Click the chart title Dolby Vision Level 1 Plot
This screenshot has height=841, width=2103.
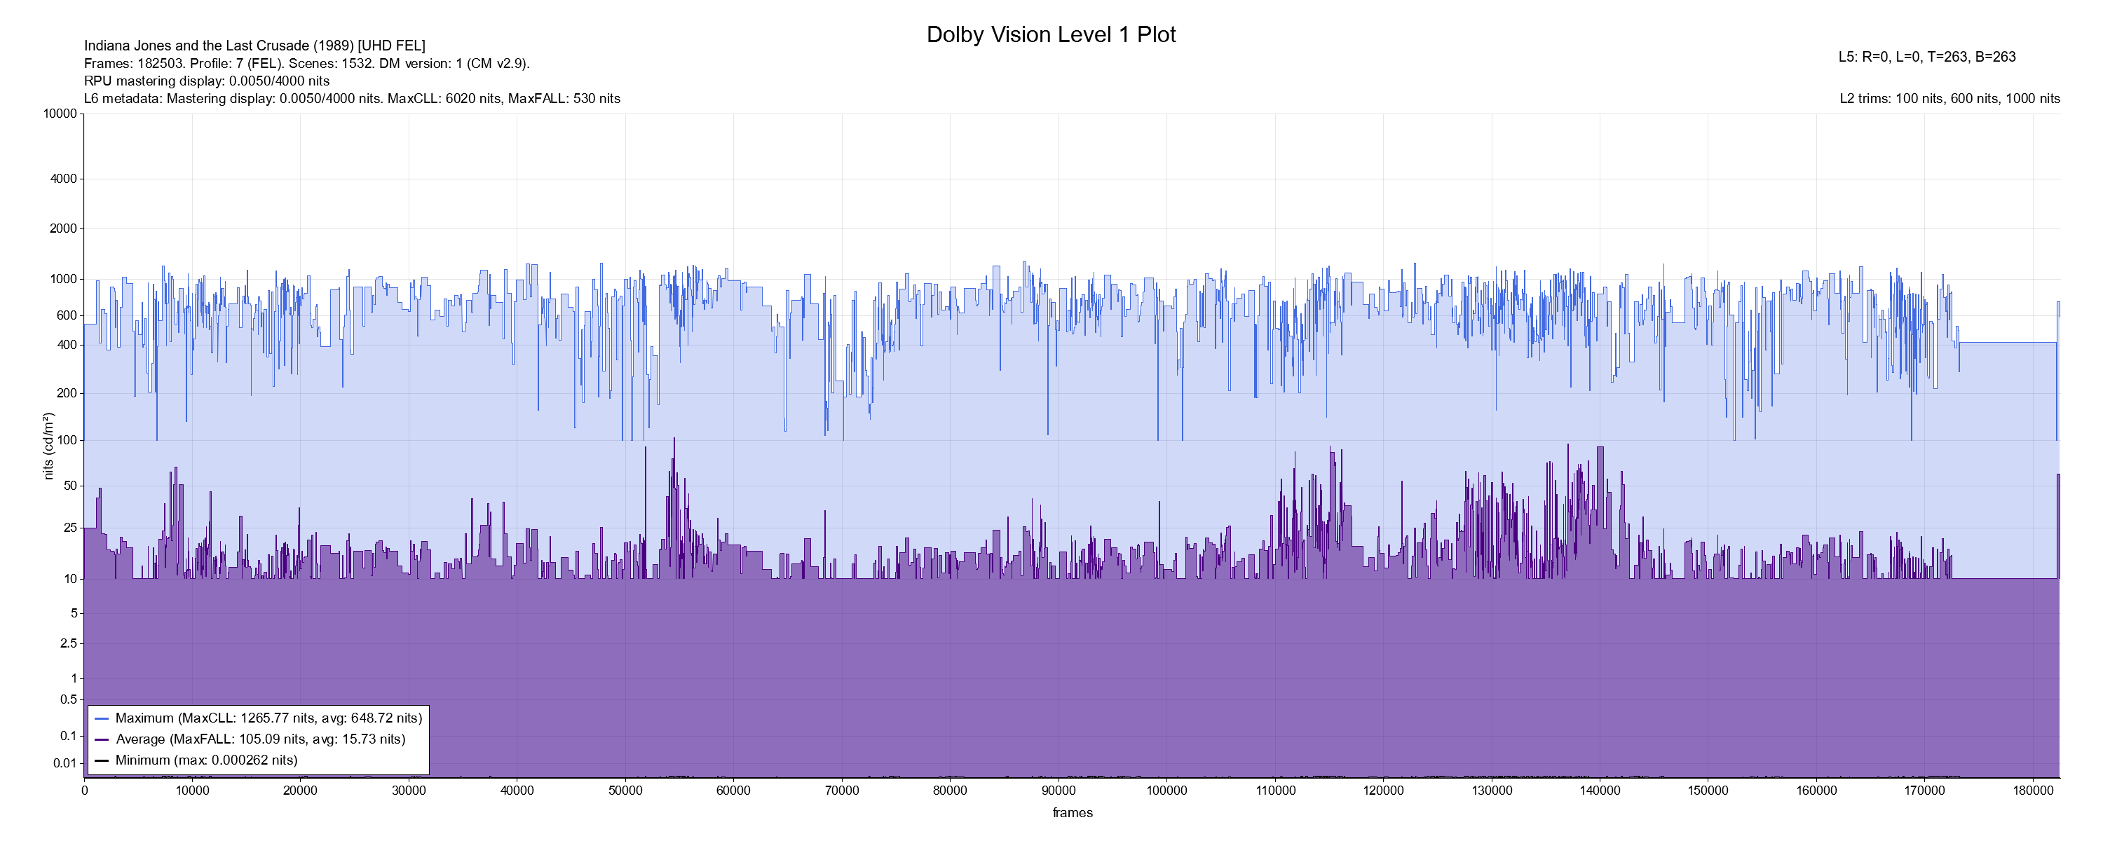1051,34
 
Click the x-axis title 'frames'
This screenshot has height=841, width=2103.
1072,812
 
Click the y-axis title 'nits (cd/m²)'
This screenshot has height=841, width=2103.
48,446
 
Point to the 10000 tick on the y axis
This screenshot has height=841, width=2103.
60,114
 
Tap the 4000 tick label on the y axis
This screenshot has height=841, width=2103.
64,179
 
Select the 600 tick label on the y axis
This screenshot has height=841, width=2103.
66,315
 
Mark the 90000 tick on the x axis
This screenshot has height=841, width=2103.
1058,791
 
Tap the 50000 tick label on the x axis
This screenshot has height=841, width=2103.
625,791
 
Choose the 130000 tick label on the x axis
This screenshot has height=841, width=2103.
1492,791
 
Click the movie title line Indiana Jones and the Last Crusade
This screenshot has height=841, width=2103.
254,46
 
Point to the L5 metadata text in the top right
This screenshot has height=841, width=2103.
1926,57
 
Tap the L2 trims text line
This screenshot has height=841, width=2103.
1949,99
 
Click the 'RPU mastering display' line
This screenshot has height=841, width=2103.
207,81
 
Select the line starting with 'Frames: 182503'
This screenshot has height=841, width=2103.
307,64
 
